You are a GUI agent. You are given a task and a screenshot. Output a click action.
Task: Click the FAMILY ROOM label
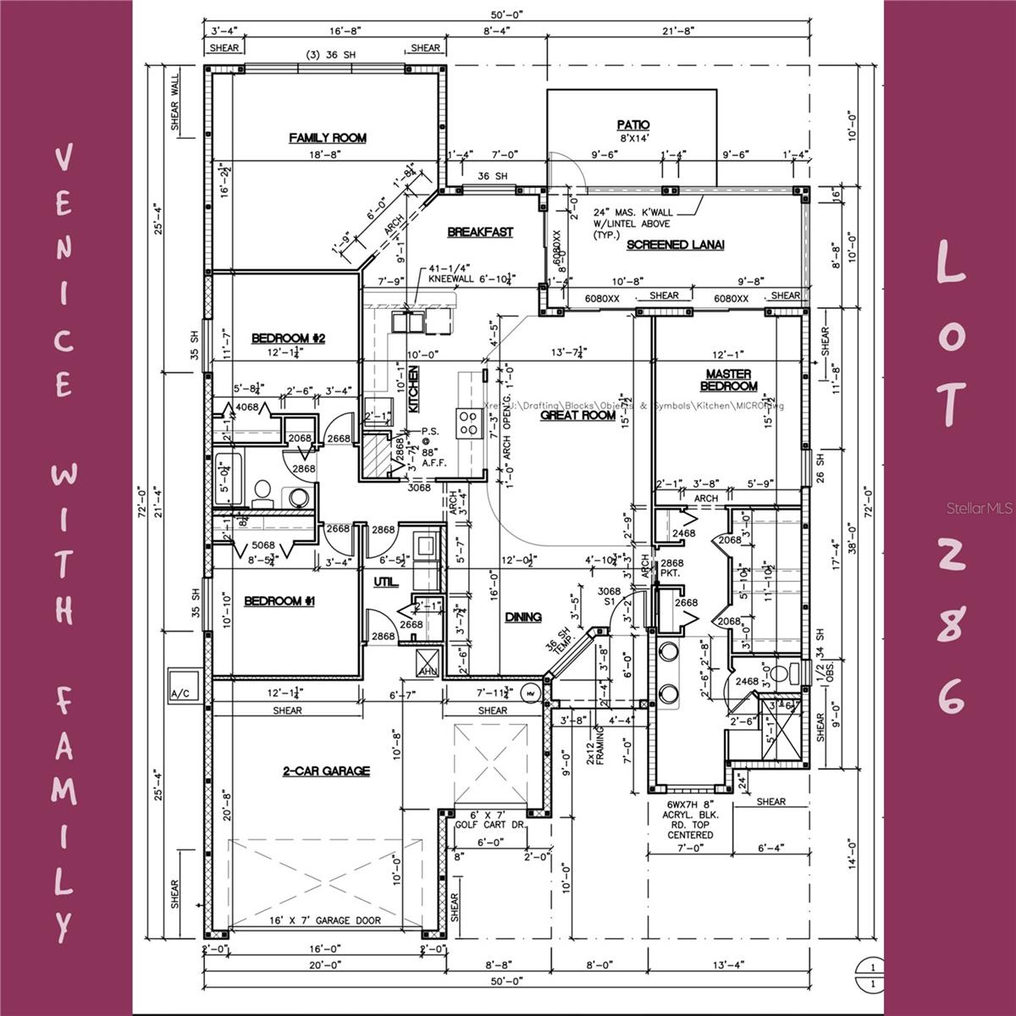click(328, 138)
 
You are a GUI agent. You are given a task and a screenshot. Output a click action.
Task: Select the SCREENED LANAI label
click(675, 245)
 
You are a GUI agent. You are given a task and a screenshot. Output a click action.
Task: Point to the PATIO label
click(633, 125)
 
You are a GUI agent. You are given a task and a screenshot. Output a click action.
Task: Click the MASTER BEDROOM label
click(728, 380)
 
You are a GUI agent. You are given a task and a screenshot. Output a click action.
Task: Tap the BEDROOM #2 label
click(289, 339)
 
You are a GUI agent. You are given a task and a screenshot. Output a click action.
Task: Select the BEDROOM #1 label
click(279, 601)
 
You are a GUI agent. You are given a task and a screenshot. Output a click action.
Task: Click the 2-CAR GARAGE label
click(326, 770)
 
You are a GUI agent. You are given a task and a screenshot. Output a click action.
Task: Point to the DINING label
click(523, 617)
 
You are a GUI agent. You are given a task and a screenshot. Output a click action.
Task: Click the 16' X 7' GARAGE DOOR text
click(325, 920)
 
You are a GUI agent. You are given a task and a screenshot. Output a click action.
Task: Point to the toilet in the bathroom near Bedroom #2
click(262, 490)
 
